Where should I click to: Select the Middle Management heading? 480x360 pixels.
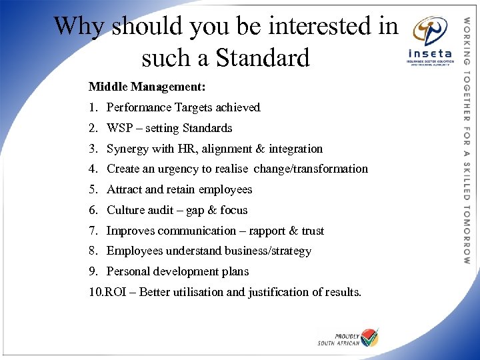(147, 87)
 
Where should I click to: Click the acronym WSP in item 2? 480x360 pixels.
(119, 128)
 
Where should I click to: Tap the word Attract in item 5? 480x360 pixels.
(125, 189)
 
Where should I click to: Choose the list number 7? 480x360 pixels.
(93, 231)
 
